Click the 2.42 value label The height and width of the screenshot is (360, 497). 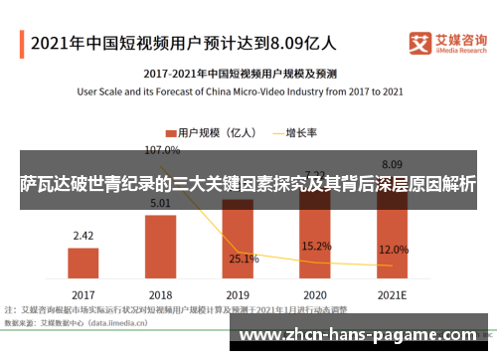(x=83, y=236)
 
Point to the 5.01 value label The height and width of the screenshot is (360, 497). (x=161, y=204)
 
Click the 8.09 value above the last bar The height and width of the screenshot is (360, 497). (x=392, y=164)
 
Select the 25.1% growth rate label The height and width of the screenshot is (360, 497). (x=244, y=259)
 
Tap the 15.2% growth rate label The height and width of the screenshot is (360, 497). (x=316, y=246)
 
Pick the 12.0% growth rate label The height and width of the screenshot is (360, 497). (x=394, y=250)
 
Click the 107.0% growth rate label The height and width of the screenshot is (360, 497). (x=162, y=150)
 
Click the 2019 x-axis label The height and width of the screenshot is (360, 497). (x=238, y=295)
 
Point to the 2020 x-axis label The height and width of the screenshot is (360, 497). (x=315, y=295)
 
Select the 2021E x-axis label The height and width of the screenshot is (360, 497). (x=392, y=295)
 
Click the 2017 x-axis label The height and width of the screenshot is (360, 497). (x=83, y=295)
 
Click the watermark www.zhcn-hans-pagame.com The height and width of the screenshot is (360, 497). (x=364, y=336)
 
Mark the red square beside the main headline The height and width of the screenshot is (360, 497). (x=21, y=42)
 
